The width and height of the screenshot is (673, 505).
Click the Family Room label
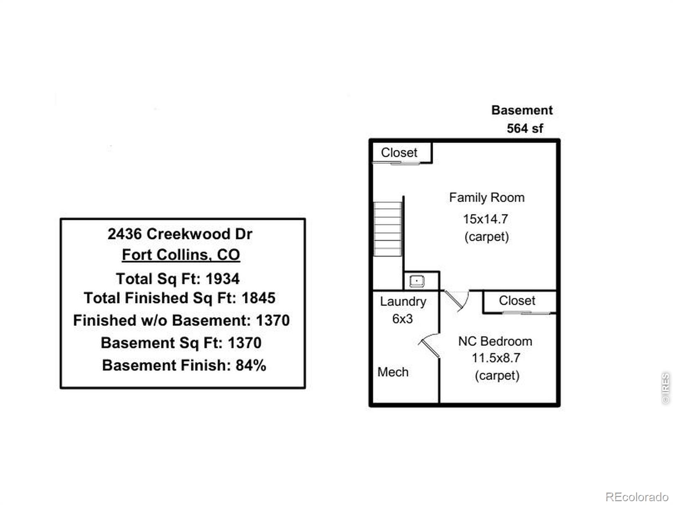pos(487,198)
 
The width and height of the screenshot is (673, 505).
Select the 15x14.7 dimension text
pos(485,219)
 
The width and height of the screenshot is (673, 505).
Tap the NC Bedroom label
pos(495,341)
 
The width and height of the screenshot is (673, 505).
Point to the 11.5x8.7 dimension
pos(496,358)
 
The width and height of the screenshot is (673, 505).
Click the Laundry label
pos(403,302)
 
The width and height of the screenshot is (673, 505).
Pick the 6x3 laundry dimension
pos(402,319)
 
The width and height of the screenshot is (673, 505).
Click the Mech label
pos(393,372)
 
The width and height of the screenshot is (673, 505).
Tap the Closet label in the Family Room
pos(399,152)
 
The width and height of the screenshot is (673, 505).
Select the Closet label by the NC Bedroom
pos(517,300)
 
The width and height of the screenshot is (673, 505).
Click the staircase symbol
pos(388,229)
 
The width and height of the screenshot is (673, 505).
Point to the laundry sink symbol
pos(417,281)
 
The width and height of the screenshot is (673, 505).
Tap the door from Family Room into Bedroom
pos(456,301)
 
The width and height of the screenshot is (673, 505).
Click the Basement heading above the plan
pos(522,110)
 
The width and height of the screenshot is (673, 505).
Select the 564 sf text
pos(525,128)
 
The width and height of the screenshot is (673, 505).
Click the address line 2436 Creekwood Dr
pos(180,234)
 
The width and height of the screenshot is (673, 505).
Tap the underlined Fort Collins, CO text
pos(181,255)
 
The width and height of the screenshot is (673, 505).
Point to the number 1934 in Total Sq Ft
pos(223,279)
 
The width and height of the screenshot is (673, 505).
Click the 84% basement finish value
pos(251,365)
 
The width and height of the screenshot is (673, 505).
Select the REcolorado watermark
pos(637,497)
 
